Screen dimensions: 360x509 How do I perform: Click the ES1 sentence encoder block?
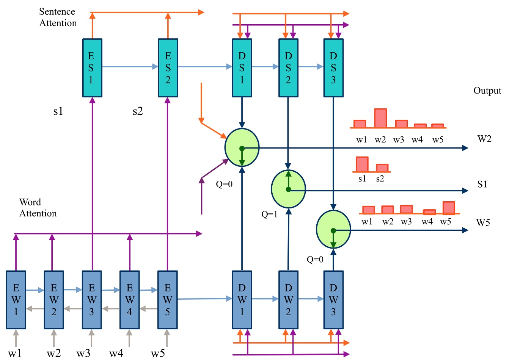tap(92, 68)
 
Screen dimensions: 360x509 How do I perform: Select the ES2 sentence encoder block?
tap(168, 68)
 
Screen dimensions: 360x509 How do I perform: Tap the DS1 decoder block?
tap(242, 68)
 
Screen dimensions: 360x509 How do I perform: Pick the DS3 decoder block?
tap(333, 68)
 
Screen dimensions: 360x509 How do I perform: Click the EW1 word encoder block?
tap(16, 300)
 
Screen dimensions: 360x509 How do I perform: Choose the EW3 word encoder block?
tap(92, 300)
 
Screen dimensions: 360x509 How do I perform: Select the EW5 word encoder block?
tap(167, 300)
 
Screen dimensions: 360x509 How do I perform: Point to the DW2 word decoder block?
tap(288, 300)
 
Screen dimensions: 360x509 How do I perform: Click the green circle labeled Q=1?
tap(288, 189)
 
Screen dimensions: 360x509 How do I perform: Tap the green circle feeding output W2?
tap(242, 147)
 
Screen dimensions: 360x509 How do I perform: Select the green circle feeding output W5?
tap(333, 230)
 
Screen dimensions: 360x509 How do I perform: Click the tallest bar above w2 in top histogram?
tap(380, 118)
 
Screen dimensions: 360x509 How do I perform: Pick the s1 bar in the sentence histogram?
tap(362, 164)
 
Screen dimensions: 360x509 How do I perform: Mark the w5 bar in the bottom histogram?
tap(448, 208)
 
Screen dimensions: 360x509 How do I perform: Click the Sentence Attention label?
tap(58, 17)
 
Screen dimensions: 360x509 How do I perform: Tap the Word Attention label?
tap(38, 208)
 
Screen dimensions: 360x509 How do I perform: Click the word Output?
tap(487, 91)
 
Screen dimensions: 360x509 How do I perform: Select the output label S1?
tap(482, 185)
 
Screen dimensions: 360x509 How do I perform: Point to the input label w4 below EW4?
tap(116, 353)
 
